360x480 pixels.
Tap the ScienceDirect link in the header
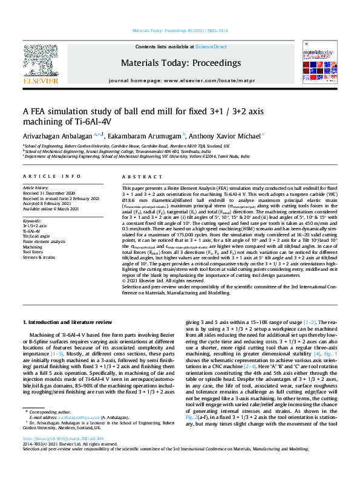pyautogui.click(x=212, y=47)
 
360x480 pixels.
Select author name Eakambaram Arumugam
pyautogui.click(x=145, y=135)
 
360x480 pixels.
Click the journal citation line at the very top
pyautogui.click(x=180, y=30)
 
